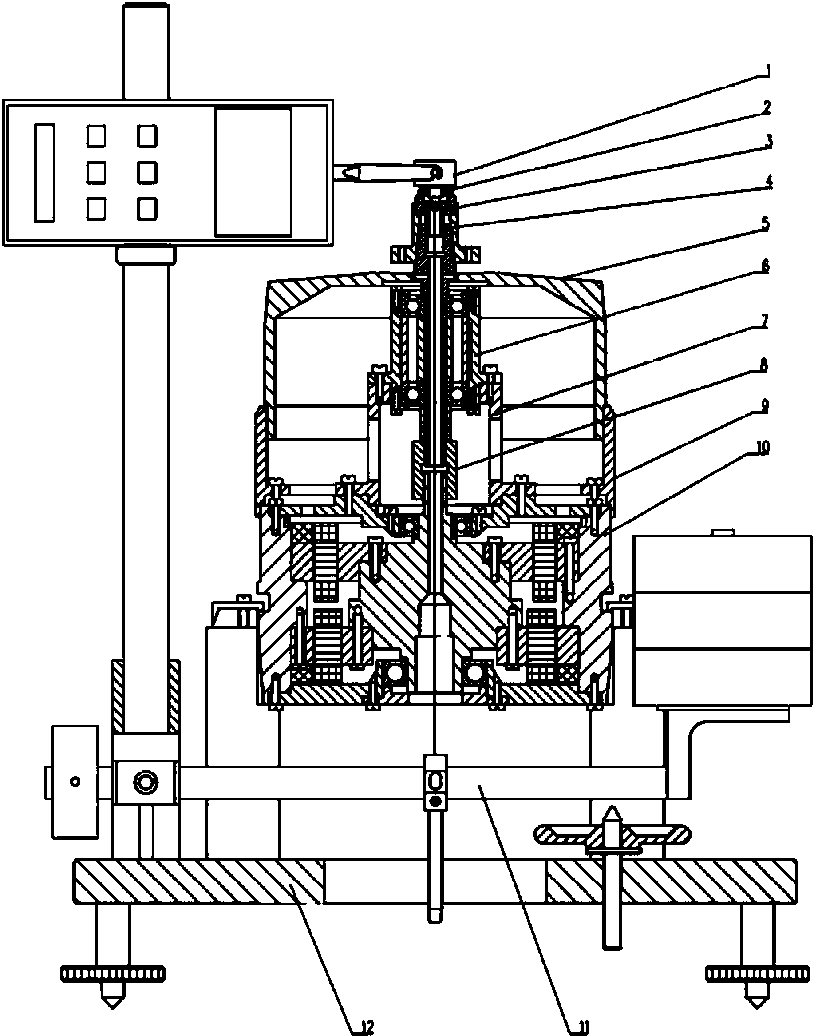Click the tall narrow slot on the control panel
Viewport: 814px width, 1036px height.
point(44,173)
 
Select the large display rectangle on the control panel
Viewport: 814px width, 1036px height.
point(253,172)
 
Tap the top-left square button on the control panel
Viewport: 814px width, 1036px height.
point(96,136)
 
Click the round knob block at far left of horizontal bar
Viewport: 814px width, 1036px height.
point(75,782)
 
